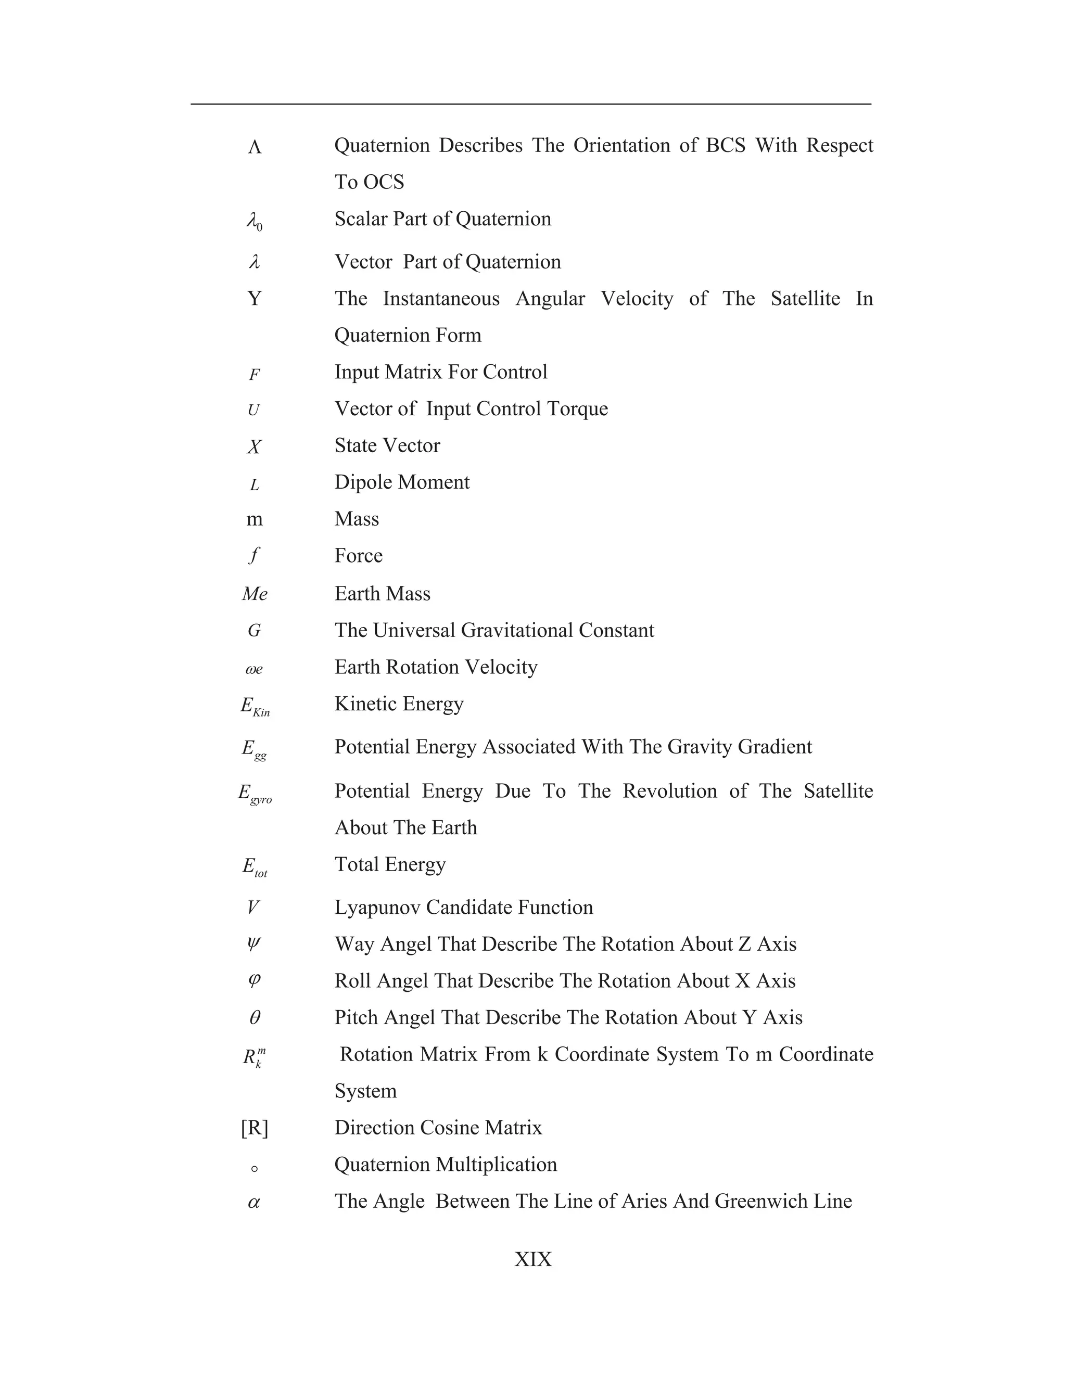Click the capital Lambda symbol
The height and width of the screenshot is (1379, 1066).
pyautogui.click(x=255, y=147)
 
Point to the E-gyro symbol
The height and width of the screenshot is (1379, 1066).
pyautogui.click(x=255, y=794)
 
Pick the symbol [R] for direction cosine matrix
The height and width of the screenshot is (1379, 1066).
pyautogui.click(x=255, y=1128)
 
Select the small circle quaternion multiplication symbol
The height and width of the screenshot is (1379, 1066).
pyautogui.click(x=255, y=1169)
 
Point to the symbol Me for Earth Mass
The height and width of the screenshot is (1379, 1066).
pyautogui.click(x=255, y=594)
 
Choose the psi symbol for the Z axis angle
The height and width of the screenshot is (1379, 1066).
pyautogui.click(x=254, y=944)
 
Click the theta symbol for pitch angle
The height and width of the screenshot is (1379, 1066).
pyautogui.click(x=255, y=1018)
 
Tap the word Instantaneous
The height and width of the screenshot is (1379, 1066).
pyautogui.click(x=441, y=299)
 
